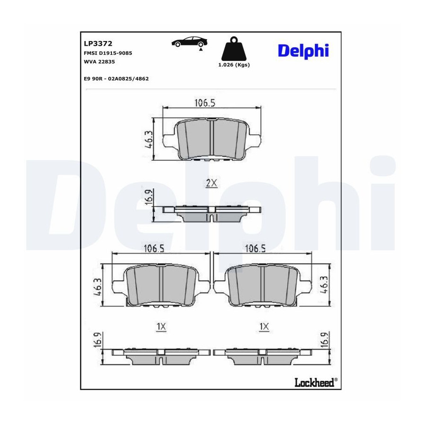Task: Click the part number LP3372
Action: click(x=98, y=43)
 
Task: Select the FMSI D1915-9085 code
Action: click(x=108, y=53)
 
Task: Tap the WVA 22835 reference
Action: click(x=99, y=61)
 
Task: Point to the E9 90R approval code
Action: click(x=116, y=78)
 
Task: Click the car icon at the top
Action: click(x=189, y=42)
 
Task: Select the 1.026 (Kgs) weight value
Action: click(x=234, y=65)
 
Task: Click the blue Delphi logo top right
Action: click(x=303, y=51)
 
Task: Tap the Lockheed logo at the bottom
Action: click(x=316, y=382)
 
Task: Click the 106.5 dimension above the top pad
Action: click(x=205, y=103)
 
